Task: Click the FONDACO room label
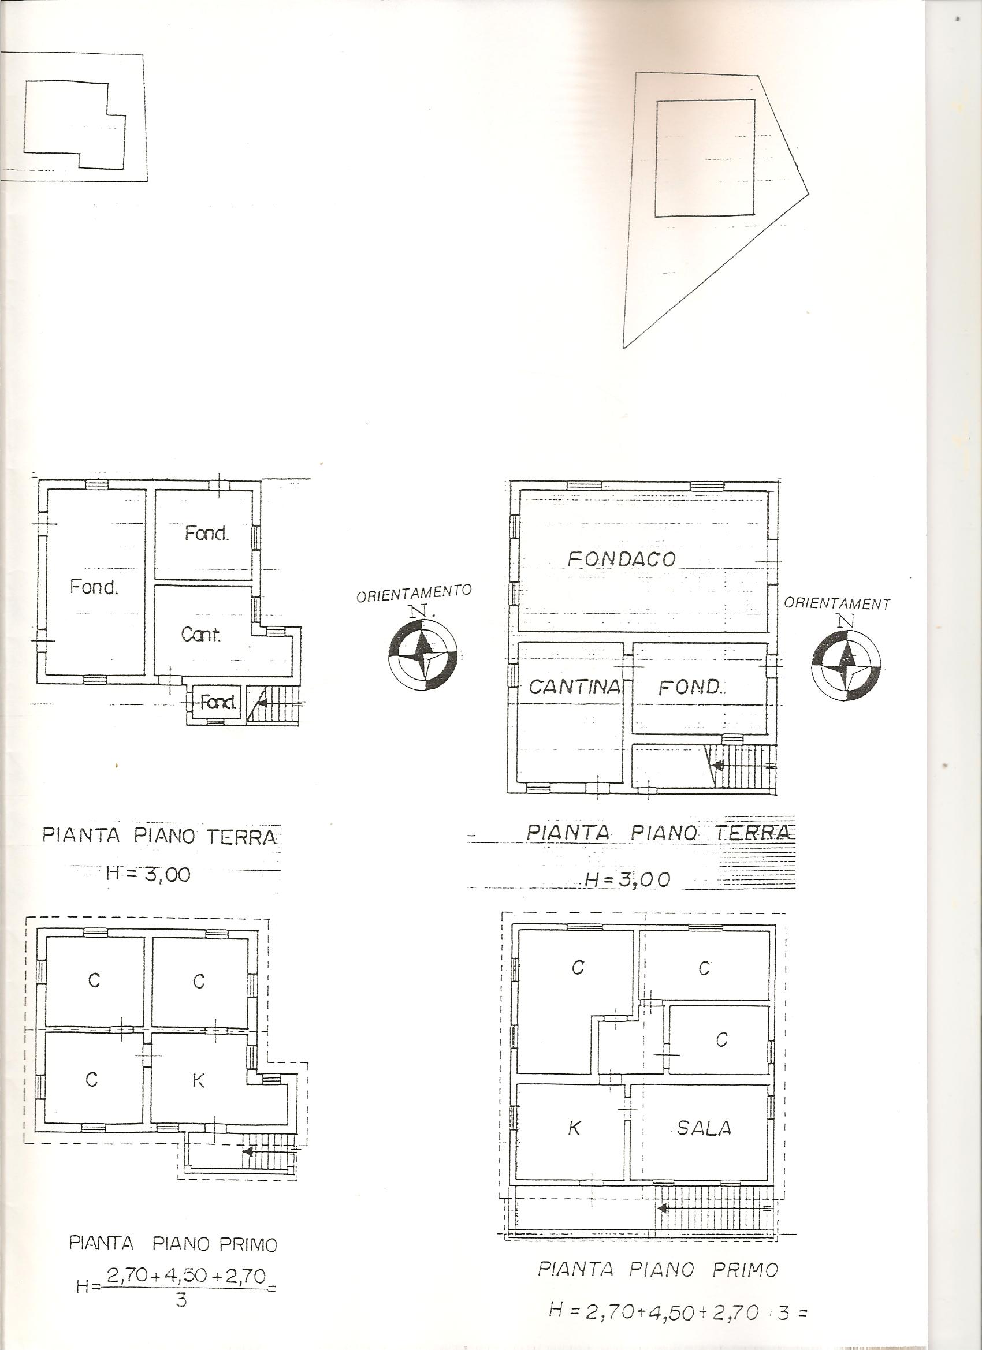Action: point(622,558)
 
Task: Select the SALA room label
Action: point(704,1127)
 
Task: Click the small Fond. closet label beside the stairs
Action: point(218,703)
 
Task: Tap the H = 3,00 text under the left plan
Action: point(148,874)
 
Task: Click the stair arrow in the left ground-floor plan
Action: point(265,703)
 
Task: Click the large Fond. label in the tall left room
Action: point(94,587)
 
